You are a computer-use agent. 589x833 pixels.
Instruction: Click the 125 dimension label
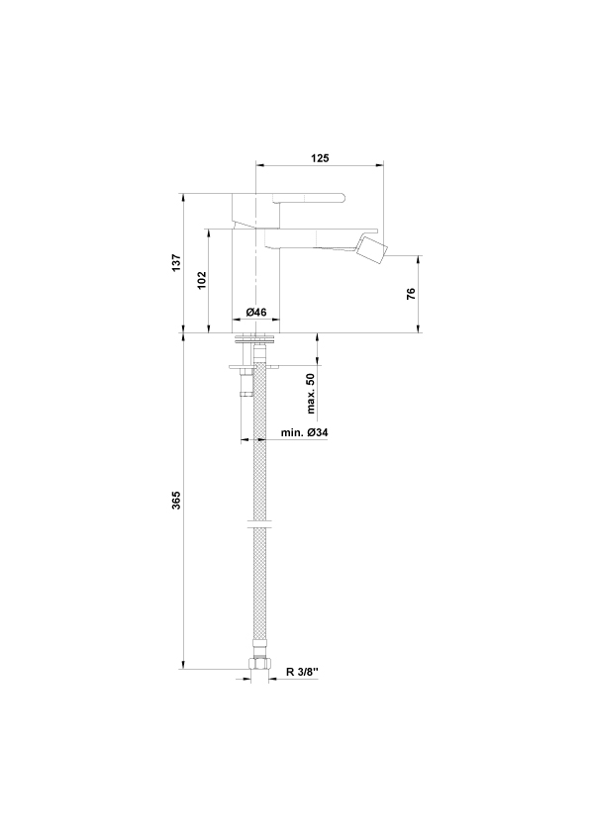[320, 157]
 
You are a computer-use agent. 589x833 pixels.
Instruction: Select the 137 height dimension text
[176, 263]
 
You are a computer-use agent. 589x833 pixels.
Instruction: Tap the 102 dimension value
[202, 280]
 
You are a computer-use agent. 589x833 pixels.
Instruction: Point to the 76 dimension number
[411, 294]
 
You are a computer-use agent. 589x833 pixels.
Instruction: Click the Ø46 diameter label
[256, 312]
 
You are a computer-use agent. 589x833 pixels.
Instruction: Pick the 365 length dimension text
[176, 501]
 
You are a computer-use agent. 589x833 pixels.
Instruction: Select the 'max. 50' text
[311, 393]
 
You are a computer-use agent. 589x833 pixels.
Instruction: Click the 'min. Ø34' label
[305, 432]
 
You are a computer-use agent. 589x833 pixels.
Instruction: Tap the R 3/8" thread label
[302, 672]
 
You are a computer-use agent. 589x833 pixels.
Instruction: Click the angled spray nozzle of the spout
[372, 250]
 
